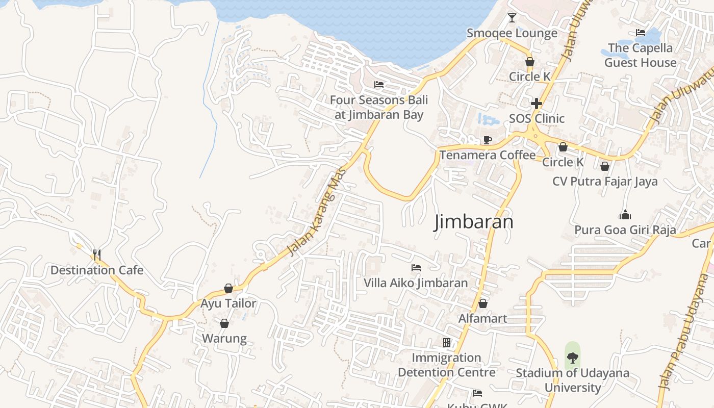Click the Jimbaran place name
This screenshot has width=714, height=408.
tap(473, 222)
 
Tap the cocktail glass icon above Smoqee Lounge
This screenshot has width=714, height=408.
tap(512, 18)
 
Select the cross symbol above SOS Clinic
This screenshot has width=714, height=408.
tap(536, 104)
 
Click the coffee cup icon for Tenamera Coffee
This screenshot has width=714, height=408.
tap(488, 140)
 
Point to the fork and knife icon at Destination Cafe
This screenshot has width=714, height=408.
tap(97, 254)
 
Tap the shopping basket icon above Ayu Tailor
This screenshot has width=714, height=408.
tap(228, 289)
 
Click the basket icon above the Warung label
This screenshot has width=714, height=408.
tap(224, 323)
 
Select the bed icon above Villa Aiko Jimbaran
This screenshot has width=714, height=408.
tap(416, 268)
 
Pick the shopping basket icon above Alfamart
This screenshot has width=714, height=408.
tap(482, 303)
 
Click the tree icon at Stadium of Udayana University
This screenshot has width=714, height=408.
tap(573, 358)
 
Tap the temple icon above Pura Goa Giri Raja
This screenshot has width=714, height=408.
tap(625, 215)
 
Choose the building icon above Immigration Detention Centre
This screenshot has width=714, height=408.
tap(447, 342)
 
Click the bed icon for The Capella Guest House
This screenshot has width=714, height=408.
tap(641, 33)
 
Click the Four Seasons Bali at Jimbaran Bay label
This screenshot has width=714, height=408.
tap(379, 107)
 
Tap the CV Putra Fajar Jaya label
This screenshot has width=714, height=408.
tap(605, 182)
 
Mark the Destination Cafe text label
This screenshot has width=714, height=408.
tap(97, 270)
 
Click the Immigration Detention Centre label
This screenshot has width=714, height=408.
tap(447, 365)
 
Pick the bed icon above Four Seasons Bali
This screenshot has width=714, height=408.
tap(378, 85)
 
